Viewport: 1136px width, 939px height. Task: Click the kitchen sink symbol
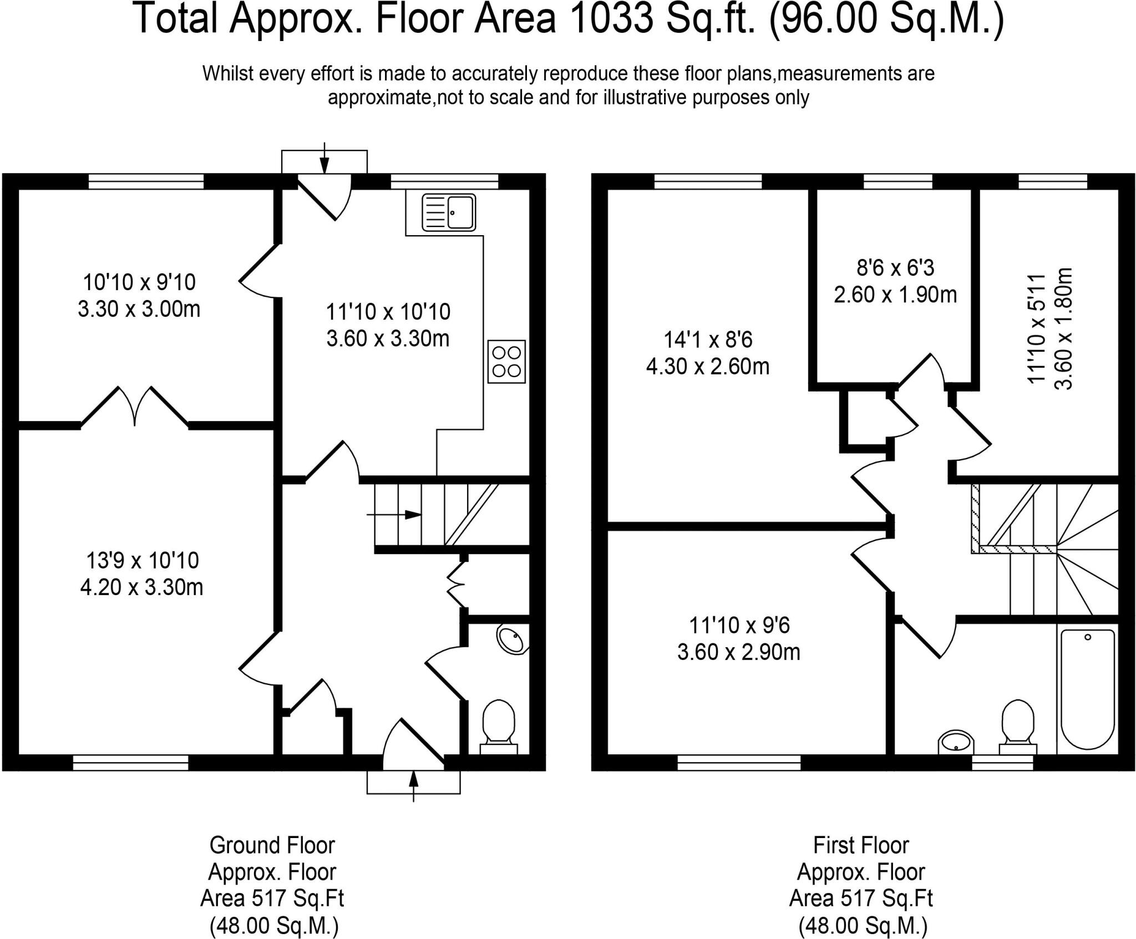[449, 212]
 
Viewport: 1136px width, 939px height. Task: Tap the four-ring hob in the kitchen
[506, 361]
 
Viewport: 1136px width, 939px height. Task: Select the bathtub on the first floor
[1087, 691]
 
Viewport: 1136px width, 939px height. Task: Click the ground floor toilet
[499, 727]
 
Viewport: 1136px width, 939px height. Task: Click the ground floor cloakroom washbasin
[511, 640]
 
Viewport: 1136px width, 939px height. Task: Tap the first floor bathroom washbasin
[956, 742]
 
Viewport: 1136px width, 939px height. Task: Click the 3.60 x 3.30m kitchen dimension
[388, 338]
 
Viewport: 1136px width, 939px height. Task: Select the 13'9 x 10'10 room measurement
[142, 560]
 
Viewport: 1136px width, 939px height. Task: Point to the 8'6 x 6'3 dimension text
[895, 268]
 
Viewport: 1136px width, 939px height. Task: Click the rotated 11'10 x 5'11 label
[1036, 329]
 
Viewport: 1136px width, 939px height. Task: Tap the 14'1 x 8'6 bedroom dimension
[708, 339]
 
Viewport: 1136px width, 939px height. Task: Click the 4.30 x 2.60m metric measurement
[708, 367]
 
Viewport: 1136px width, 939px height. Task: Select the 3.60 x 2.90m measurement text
[738, 652]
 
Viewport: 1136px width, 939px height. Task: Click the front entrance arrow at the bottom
[413, 785]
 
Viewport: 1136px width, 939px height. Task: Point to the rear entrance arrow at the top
[324, 158]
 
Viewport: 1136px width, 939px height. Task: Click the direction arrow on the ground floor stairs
[393, 515]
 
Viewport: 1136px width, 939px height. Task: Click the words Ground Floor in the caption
[272, 846]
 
